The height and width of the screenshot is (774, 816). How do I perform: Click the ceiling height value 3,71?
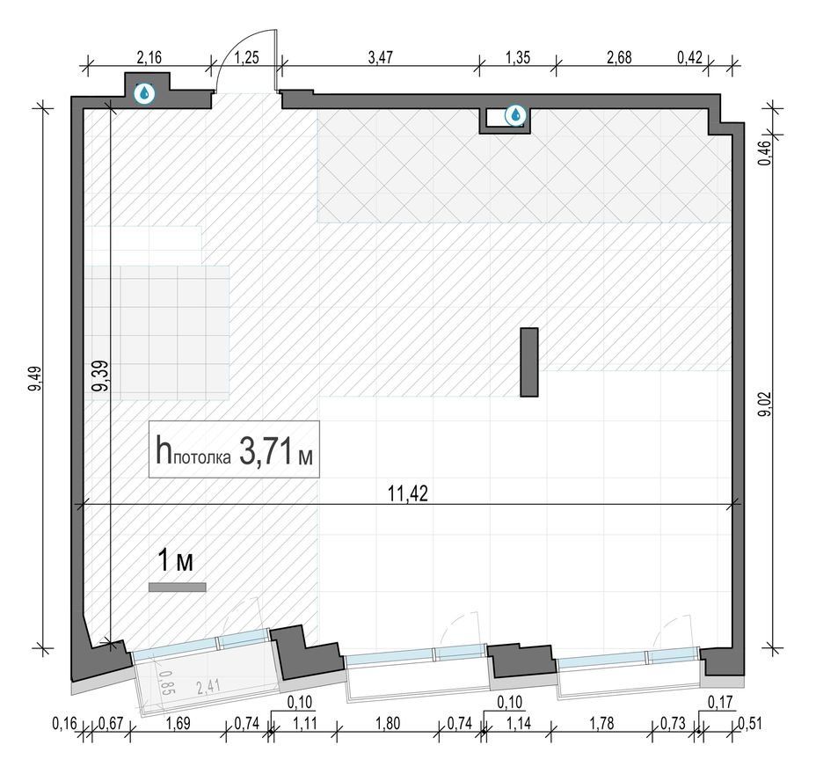(266, 450)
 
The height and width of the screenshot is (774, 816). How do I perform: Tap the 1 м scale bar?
(178, 588)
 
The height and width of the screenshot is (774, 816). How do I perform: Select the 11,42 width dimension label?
(408, 493)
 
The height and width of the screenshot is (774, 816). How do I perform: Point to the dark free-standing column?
(529, 362)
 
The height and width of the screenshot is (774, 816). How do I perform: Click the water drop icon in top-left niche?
(145, 94)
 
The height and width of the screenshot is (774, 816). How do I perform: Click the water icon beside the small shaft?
(516, 115)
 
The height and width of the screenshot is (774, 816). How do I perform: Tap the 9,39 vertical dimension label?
(100, 376)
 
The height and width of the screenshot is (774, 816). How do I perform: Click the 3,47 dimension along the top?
(381, 57)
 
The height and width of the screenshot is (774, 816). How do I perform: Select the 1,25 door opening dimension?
(246, 57)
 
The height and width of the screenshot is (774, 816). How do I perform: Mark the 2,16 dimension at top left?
(149, 57)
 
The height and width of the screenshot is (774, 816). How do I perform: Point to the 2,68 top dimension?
(619, 57)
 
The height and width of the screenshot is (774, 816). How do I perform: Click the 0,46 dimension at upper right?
(765, 154)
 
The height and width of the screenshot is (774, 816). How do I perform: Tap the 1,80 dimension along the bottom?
(388, 723)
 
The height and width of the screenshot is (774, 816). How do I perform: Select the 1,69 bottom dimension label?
(178, 723)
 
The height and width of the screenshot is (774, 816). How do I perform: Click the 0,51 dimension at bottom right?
(749, 723)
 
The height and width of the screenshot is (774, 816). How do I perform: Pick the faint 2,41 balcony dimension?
(208, 687)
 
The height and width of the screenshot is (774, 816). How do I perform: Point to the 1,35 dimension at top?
(518, 57)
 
